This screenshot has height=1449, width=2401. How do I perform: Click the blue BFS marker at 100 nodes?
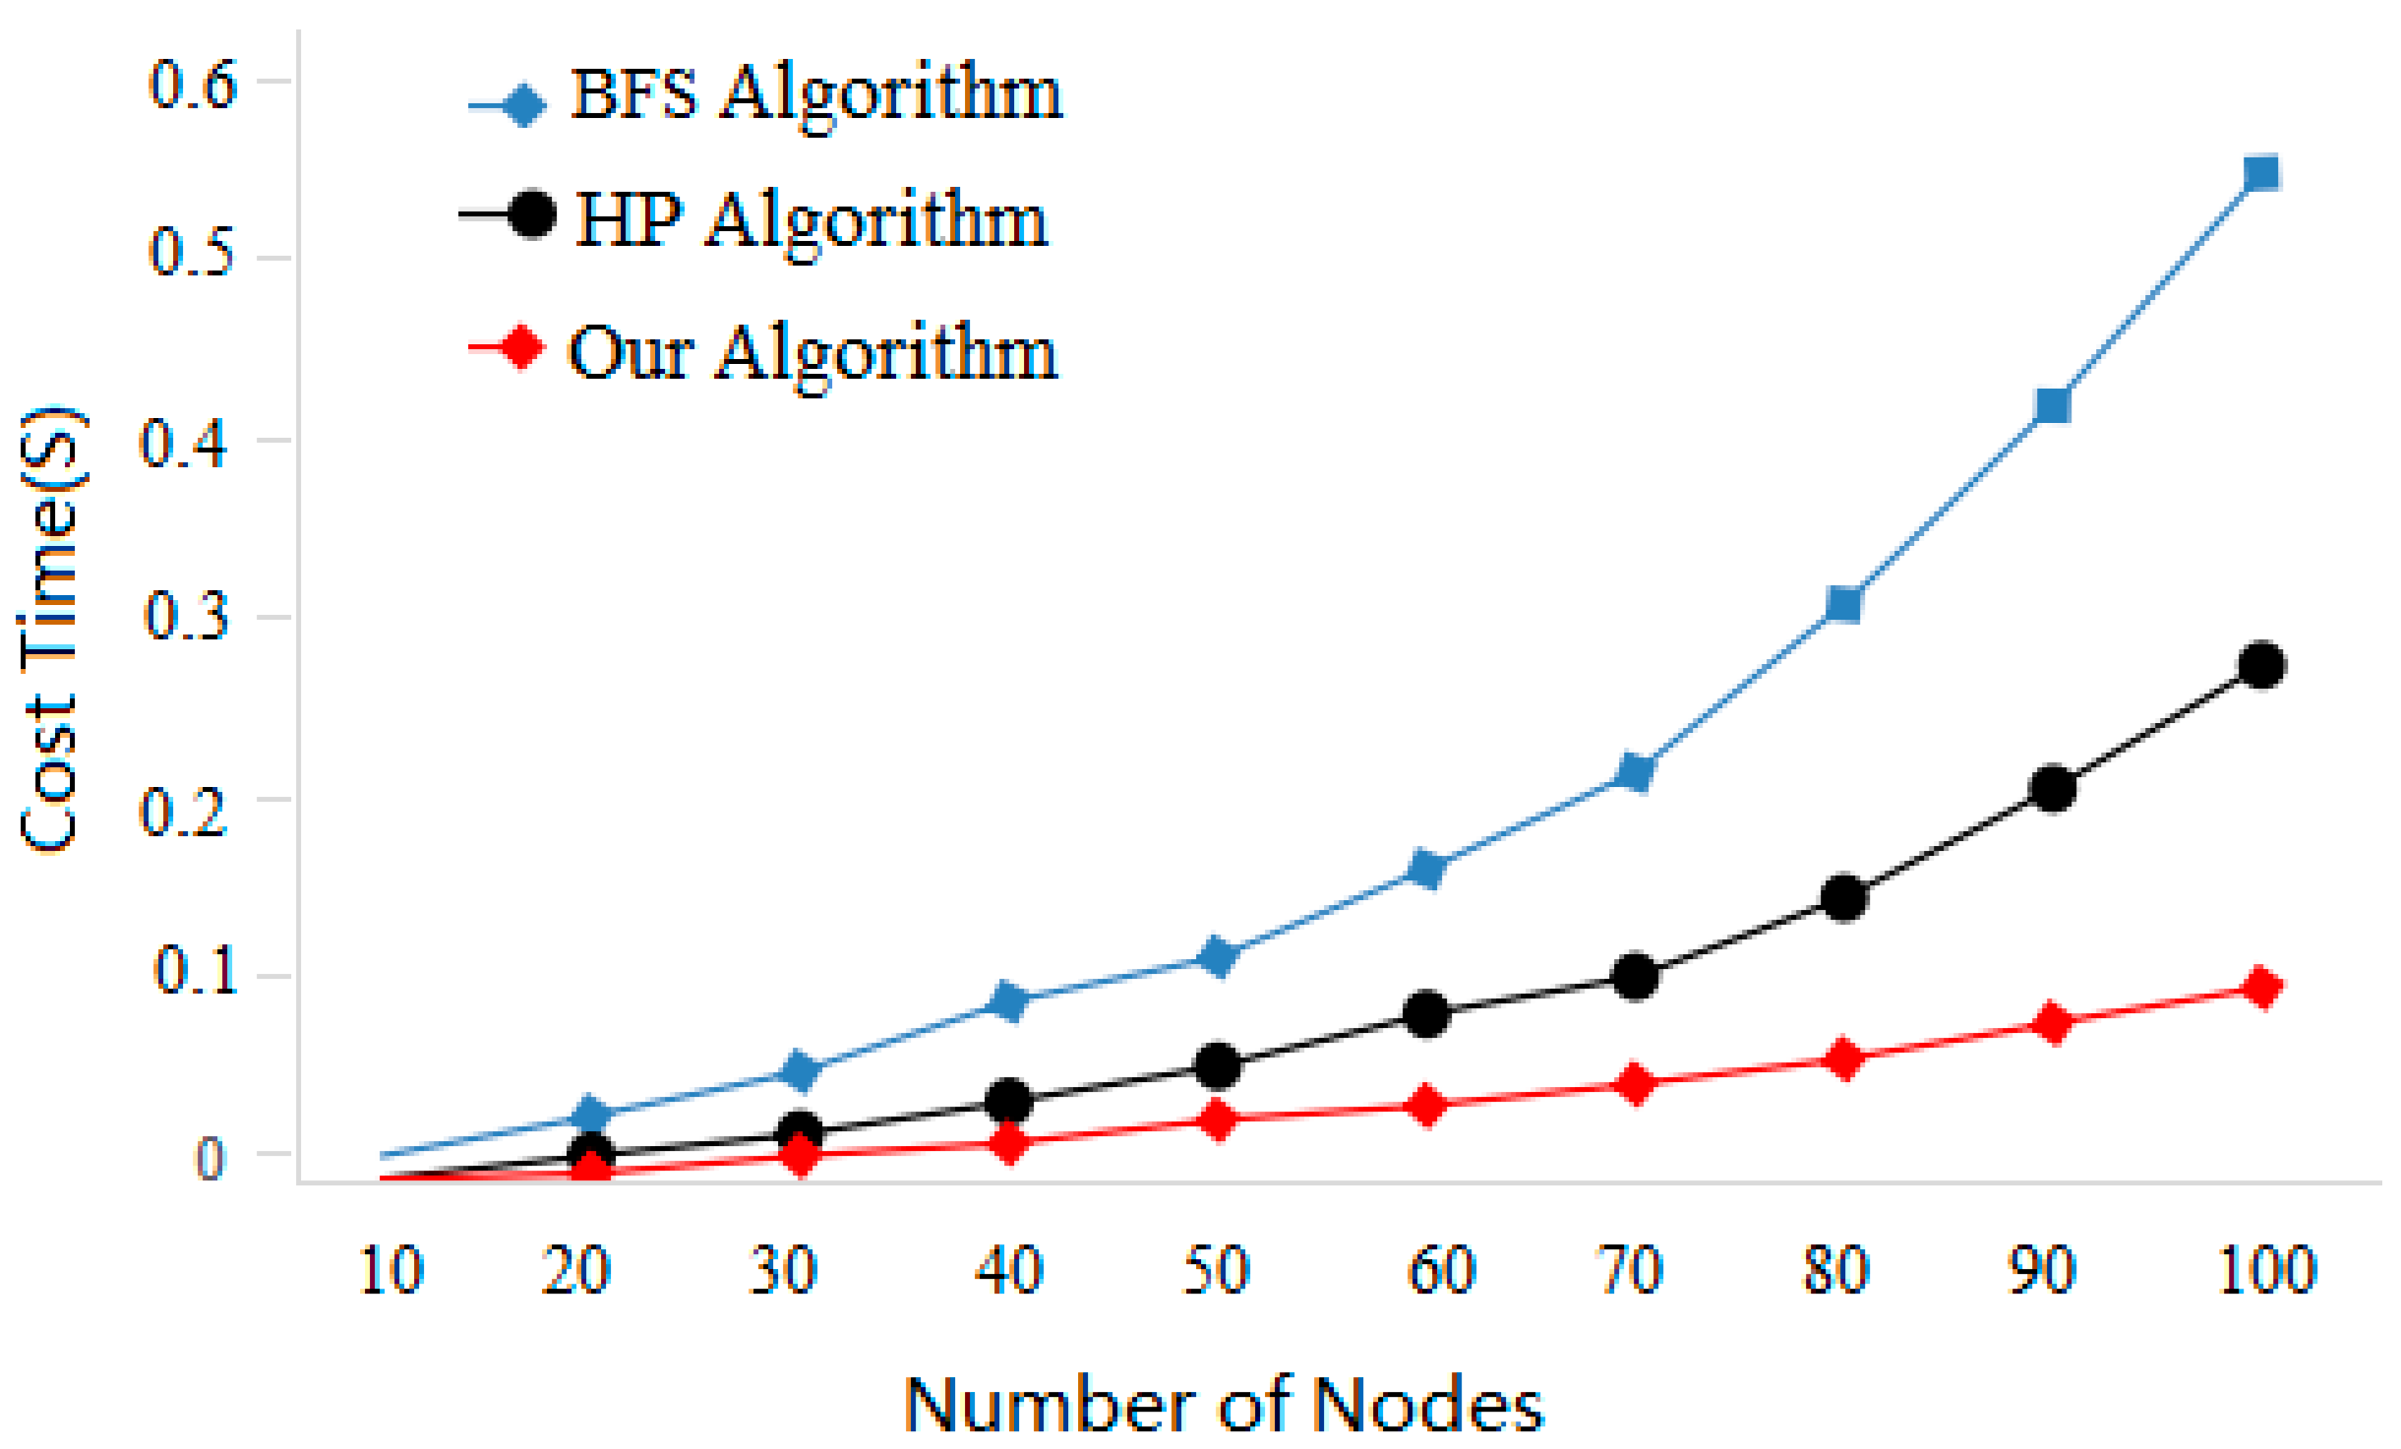[2261, 173]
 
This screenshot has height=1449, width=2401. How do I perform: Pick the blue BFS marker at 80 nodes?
[1843, 603]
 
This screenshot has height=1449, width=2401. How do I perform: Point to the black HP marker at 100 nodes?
[2261, 666]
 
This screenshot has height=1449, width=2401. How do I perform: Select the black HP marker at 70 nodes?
[1635, 977]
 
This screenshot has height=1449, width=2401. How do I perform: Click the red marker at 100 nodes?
[2261, 987]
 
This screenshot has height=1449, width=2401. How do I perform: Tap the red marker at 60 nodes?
[1426, 1105]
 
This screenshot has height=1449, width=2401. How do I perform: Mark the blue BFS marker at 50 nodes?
[1218, 955]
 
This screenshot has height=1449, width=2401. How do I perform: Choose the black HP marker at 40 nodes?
[1009, 1101]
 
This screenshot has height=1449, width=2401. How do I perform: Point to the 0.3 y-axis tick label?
[187, 617]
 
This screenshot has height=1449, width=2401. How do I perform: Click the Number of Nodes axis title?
[1224, 1405]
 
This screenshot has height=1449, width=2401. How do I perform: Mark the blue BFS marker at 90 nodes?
[2053, 405]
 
